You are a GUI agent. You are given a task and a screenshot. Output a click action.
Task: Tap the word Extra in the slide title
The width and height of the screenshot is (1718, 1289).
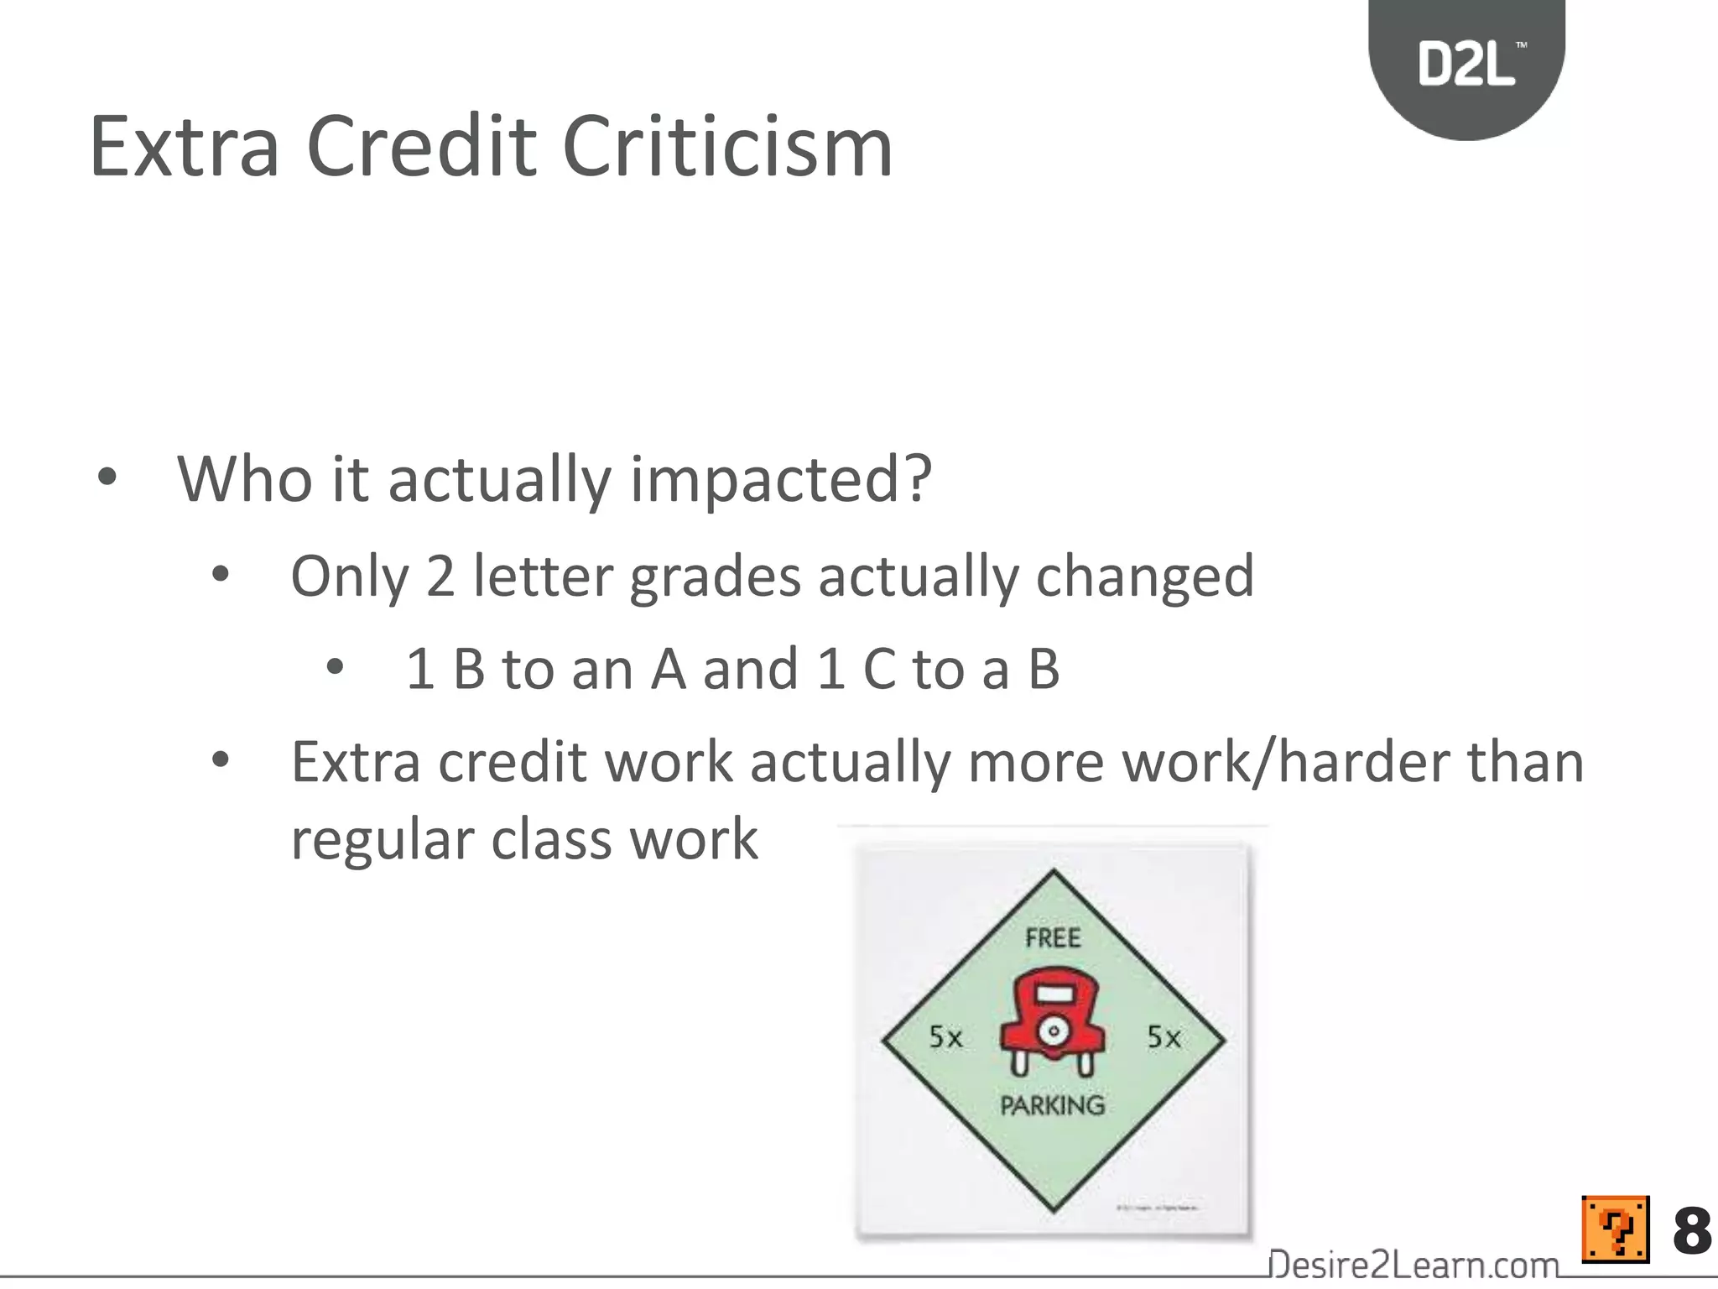184,148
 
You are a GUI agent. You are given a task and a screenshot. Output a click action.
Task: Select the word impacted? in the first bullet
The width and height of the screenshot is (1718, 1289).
781,479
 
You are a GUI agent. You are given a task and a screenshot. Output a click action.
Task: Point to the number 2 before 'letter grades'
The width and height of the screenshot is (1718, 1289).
440,577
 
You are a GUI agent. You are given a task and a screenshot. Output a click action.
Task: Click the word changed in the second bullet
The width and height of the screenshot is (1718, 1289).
1145,577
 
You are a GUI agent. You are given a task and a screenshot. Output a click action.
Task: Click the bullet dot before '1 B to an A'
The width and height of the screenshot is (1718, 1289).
335,668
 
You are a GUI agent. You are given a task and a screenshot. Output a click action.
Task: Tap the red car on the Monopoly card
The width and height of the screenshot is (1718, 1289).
1053,1021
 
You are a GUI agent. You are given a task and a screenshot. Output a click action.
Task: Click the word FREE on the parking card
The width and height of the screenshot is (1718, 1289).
1053,937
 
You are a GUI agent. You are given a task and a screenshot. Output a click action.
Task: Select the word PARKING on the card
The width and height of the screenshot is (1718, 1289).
1053,1105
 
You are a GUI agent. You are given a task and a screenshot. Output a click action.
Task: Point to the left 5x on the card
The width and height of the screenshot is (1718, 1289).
945,1037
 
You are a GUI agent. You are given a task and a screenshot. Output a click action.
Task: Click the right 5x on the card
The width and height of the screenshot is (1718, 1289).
1164,1037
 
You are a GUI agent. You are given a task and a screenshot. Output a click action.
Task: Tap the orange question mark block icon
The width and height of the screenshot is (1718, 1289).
1615,1229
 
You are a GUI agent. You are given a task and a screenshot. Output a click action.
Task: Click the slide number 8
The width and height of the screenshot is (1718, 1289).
1691,1231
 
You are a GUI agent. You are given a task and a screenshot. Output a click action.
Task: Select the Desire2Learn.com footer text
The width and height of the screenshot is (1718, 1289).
1413,1264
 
